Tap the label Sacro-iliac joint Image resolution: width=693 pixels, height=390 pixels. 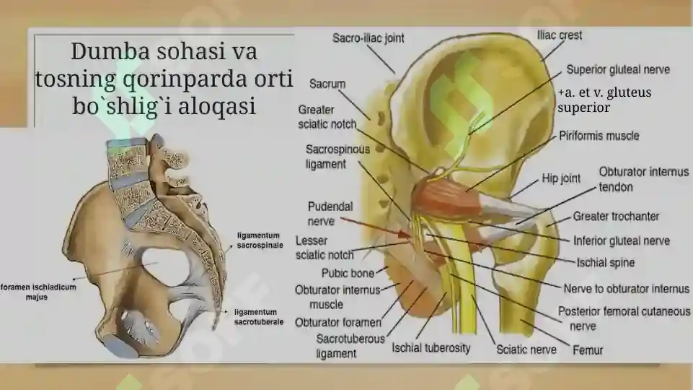tap(368, 38)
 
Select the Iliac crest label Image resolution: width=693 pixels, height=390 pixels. tap(560, 35)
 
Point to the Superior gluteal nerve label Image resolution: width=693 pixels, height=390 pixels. tap(618, 69)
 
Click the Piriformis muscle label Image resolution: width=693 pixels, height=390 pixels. tap(599, 136)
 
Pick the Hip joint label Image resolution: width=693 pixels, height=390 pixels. tap(561, 178)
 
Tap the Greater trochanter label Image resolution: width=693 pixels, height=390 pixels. tap(616, 216)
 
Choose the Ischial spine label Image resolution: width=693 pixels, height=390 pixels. tap(606, 262)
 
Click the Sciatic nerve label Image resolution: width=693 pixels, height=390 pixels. tap(526, 350)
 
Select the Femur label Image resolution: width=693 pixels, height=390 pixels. tap(588, 350)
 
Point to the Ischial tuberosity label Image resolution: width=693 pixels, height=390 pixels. tap(431, 348)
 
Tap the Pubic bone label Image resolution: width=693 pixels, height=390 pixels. tap(348, 273)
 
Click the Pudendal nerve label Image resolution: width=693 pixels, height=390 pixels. tap(330, 214)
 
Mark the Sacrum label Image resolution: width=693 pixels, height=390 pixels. tap(327, 84)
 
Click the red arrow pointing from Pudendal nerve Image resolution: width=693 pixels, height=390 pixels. tap(376, 226)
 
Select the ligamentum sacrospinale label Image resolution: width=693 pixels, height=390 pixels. tap(260, 240)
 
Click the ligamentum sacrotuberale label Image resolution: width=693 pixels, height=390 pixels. tap(259, 317)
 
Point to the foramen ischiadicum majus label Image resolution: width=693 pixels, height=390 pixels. tap(38, 292)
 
